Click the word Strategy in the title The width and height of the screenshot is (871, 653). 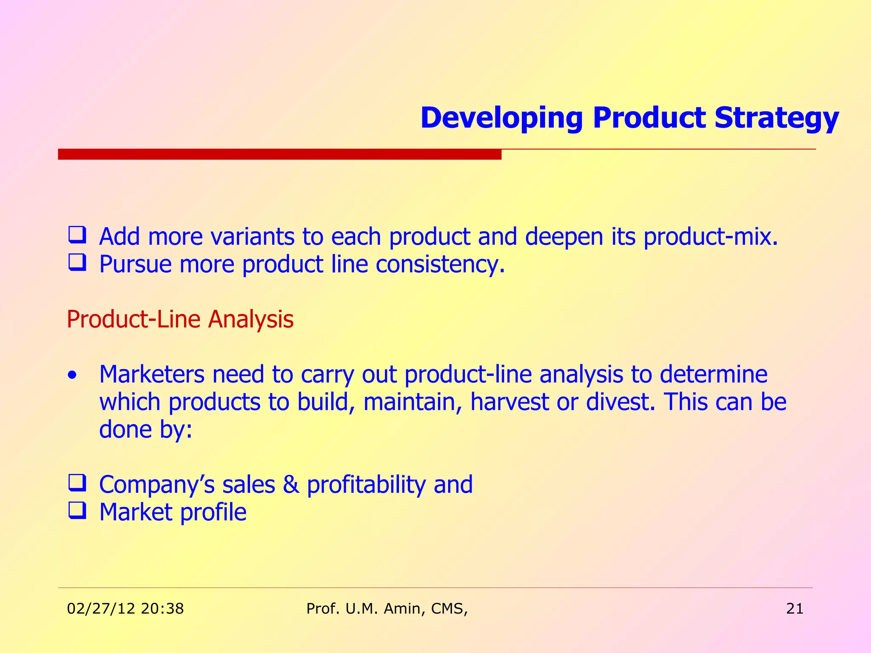[x=776, y=118]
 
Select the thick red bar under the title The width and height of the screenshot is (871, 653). [x=279, y=154]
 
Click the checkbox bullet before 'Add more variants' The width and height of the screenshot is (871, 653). [x=77, y=235]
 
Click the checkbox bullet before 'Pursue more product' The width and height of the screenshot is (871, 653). [x=77, y=263]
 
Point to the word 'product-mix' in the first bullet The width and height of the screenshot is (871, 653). [x=710, y=236]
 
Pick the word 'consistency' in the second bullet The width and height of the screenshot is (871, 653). [x=440, y=264]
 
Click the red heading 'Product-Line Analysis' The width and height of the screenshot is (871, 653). [x=180, y=319]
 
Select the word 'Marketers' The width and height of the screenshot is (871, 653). [x=152, y=374]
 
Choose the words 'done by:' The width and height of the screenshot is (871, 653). [x=145, y=429]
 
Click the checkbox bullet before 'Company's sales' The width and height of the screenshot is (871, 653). [x=77, y=483]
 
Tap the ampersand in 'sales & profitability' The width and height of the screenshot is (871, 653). [x=290, y=484]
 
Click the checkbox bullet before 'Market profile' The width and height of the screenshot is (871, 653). [x=77, y=511]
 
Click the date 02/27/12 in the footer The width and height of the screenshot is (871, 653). [x=101, y=608]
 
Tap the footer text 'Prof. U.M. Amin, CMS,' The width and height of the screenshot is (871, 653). [x=387, y=608]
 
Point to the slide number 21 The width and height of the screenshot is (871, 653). [x=794, y=608]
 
